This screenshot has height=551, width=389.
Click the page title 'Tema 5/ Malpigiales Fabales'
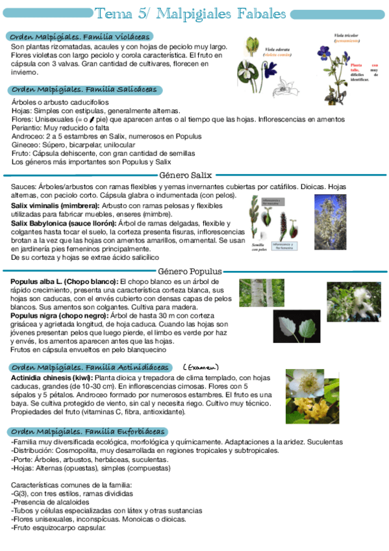(x=190, y=14)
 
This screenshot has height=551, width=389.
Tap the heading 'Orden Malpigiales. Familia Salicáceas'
(x=85, y=90)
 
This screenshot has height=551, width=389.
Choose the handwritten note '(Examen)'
(x=201, y=367)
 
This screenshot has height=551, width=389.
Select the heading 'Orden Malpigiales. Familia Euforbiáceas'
(x=89, y=432)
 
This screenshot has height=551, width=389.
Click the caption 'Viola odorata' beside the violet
(x=277, y=49)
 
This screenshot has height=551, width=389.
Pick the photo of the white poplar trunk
(x=261, y=292)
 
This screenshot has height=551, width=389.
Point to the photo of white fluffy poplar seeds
(x=353, y=301)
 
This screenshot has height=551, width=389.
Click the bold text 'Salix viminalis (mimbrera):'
(x=55, y=205)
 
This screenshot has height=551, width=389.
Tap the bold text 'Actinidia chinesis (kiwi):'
(x=53, y=378)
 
